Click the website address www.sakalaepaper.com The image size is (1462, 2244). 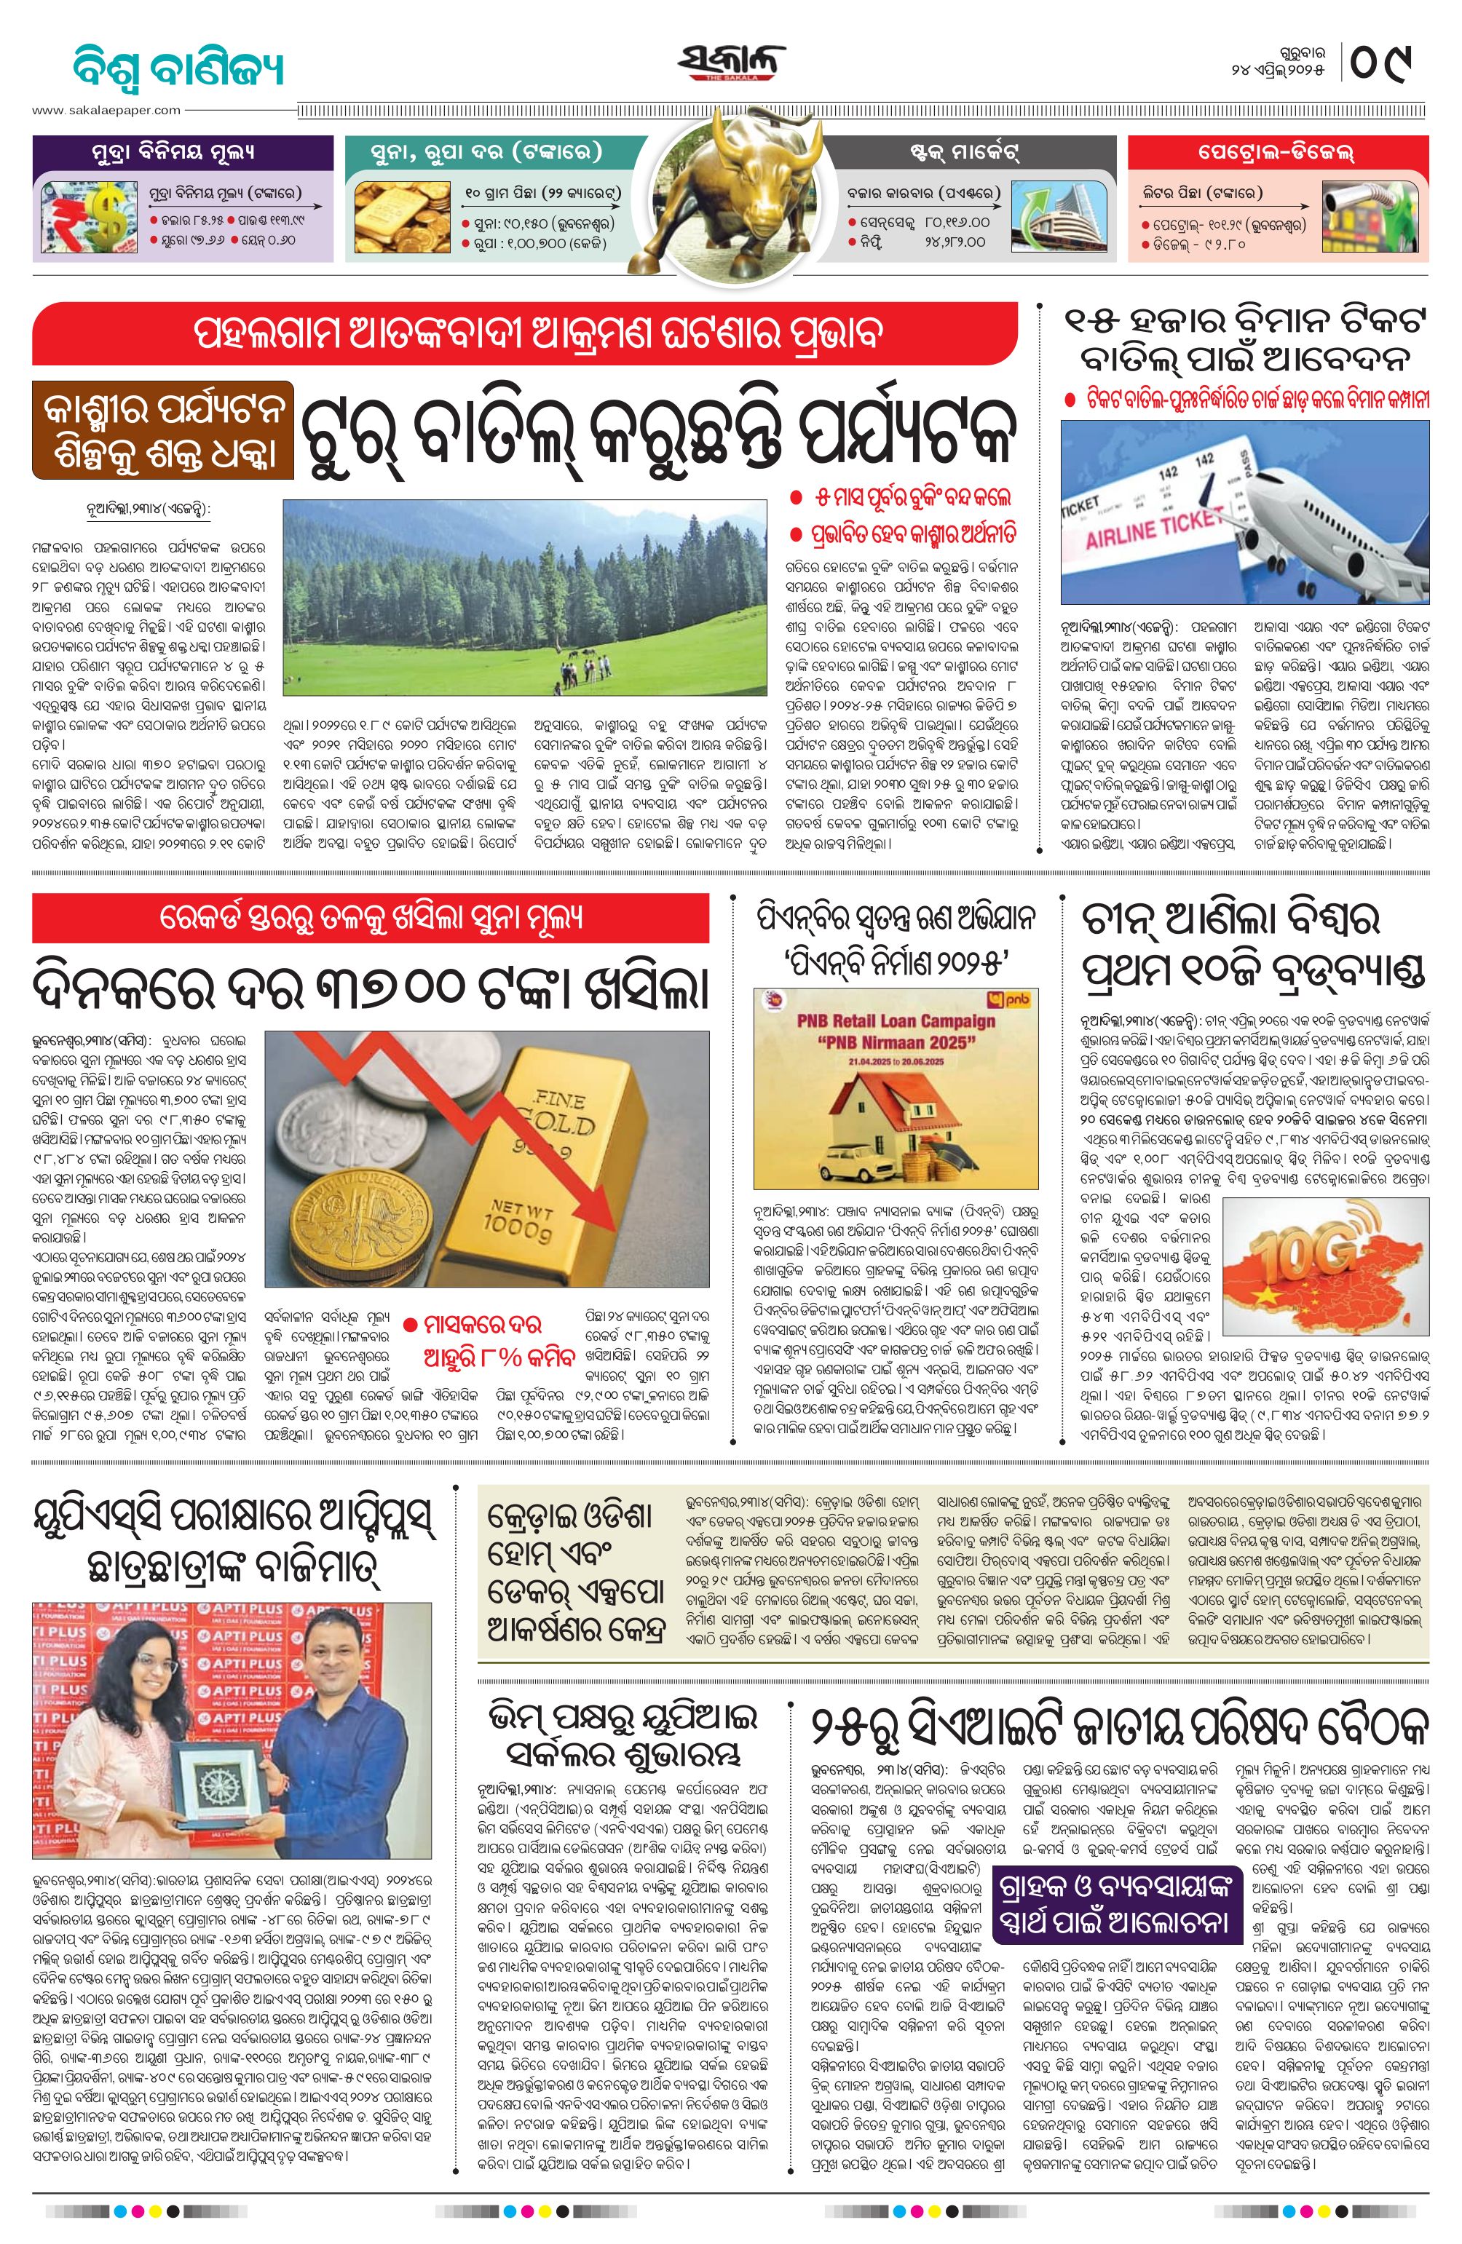106,111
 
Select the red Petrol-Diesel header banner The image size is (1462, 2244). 1277,152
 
